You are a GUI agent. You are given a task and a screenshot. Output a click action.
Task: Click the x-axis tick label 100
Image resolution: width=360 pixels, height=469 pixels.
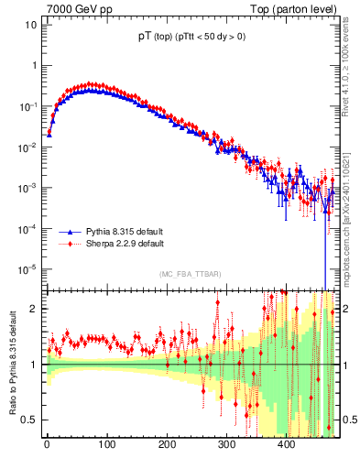click(x=106, y=445)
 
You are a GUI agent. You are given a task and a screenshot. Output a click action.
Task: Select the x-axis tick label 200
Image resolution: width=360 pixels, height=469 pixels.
click(x=167, y=445)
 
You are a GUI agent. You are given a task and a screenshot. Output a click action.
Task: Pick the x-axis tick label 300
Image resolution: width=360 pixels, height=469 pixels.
click(x=226, y=445)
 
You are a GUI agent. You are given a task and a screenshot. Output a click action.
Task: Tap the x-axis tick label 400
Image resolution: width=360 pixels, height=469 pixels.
click(x=287, y=445)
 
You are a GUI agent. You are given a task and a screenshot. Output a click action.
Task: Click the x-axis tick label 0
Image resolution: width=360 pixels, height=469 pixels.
click(x=47, y=445)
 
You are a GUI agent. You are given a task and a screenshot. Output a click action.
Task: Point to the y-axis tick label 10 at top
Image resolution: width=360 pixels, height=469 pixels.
click(x=30, y=25)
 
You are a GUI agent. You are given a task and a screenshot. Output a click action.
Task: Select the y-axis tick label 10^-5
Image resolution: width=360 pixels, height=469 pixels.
click(x=27, y=269)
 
